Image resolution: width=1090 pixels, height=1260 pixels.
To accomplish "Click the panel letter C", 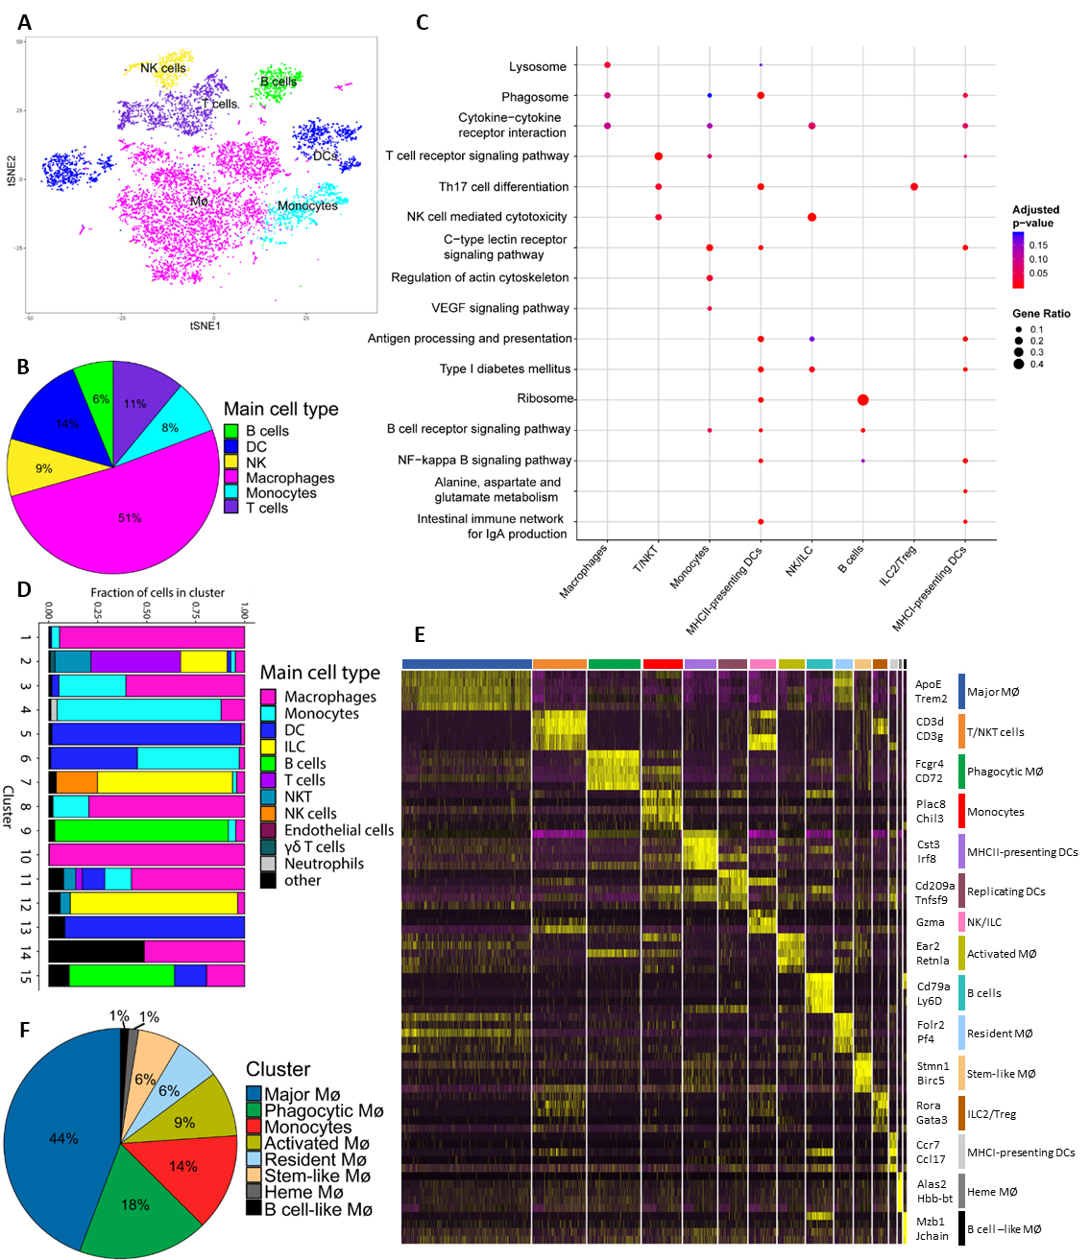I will click(423, 23).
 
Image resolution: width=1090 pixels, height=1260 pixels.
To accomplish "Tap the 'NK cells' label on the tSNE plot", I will click(163, 68).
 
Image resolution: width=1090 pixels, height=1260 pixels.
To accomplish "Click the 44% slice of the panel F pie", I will click(63, 1138).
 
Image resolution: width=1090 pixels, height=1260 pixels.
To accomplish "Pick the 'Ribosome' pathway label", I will click(545, 398).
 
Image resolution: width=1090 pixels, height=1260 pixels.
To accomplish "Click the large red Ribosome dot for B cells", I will click(863, 399).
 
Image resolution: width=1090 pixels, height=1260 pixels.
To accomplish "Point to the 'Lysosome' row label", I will click(538, 66).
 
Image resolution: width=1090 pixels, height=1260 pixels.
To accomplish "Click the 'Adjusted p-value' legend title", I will click(1036, 216).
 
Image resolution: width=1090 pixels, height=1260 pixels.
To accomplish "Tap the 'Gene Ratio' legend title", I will click(1041, 314).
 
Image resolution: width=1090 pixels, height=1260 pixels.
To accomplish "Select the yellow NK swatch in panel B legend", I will click(231, 463).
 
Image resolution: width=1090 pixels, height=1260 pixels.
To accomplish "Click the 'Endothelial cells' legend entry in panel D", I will click(339, 830).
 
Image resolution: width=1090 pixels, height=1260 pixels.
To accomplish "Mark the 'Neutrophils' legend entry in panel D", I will click(324, 864).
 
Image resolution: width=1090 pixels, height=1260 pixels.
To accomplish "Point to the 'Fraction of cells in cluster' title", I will click(157, 593).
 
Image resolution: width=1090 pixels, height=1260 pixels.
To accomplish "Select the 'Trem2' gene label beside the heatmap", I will click(931, 699).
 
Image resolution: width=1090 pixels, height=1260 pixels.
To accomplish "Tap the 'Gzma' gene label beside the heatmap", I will click(930, 922).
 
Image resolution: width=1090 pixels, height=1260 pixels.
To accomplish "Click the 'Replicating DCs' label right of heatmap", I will click(1005, 892).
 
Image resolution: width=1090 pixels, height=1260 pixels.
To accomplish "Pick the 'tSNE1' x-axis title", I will click(205, 325).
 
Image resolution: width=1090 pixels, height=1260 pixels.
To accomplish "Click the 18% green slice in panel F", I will click(134, 1204).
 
